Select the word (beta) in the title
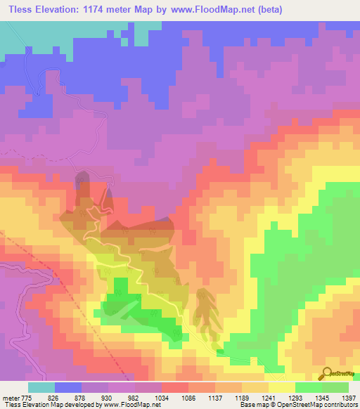(335, 10)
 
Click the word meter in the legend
(13, 397)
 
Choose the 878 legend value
(98, 397)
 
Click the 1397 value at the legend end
(349, 397)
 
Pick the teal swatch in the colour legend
(41, 387)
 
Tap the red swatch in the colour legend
(175, 387)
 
